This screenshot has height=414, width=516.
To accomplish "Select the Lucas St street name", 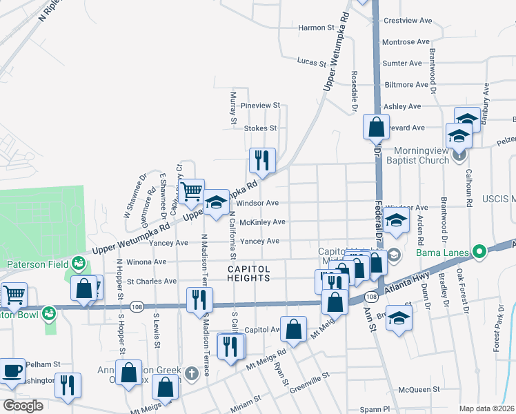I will pos(311,63).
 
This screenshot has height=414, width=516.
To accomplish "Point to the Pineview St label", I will pos(260,106).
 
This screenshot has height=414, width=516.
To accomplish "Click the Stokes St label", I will pos(260,128).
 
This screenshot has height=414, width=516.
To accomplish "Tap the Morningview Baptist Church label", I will pos(421,155).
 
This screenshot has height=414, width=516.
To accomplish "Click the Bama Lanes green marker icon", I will pos(477,252).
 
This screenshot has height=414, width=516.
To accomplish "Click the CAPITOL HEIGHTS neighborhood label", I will pos(249,273).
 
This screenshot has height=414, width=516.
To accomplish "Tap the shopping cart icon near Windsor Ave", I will pos(192,191).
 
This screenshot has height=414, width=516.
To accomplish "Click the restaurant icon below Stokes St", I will pos(262,161).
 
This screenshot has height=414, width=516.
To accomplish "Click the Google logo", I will pos(23,406).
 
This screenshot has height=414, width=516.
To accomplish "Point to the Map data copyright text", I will pos(486,408).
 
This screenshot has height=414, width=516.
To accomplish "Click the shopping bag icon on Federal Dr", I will pos(375,127).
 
